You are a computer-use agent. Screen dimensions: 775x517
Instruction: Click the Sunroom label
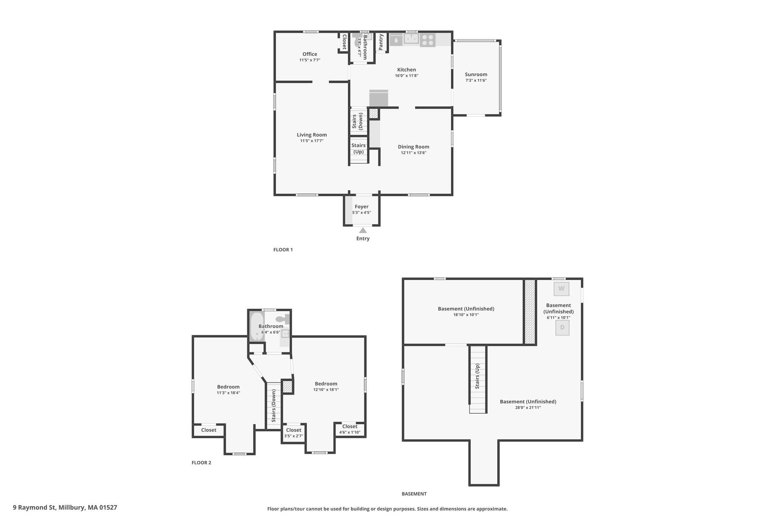476,75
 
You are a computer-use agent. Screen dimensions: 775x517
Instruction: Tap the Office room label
310,54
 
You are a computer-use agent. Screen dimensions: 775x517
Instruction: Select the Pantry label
381,42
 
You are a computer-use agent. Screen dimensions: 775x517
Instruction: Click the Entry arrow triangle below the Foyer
363,230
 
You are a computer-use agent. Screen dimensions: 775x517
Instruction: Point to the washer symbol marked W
561,289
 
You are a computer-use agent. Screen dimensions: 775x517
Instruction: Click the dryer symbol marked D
562,328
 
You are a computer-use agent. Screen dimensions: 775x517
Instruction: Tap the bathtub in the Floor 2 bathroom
257,326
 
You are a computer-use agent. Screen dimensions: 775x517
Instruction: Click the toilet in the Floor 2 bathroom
283,319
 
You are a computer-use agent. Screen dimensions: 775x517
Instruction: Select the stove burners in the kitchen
428,40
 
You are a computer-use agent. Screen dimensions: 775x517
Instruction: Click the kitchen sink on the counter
411,39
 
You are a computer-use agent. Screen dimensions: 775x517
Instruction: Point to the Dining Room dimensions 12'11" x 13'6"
414,153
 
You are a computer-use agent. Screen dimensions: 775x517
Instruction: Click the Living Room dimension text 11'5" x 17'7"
312,141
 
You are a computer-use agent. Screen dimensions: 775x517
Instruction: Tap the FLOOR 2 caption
201,462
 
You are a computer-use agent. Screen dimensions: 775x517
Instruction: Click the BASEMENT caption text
414,494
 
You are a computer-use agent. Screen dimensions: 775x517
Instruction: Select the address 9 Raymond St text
34,507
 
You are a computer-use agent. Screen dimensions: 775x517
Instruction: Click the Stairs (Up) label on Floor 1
358,148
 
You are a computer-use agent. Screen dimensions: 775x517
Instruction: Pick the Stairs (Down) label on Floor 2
274,406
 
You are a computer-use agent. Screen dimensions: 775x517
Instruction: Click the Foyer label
361,207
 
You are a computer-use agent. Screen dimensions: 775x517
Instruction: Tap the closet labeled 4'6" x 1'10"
350,429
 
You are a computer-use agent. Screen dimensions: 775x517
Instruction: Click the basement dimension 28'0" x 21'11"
528,408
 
